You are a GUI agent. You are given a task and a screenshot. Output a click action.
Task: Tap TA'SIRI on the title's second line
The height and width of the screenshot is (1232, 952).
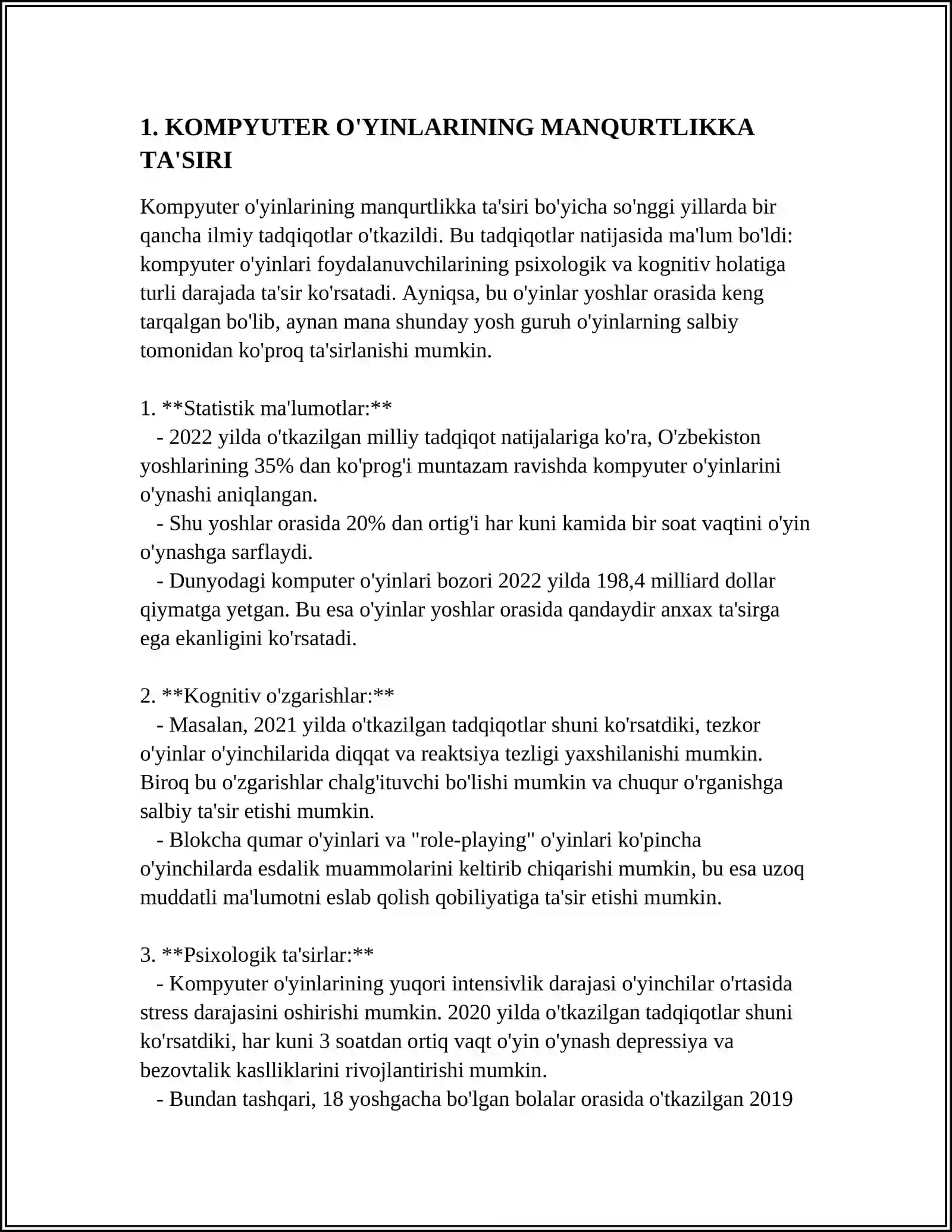[186, 160]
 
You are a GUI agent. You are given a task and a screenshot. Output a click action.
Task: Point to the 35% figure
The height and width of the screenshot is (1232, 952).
[274, 465]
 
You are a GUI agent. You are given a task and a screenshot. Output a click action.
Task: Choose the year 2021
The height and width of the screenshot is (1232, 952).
[275, 725]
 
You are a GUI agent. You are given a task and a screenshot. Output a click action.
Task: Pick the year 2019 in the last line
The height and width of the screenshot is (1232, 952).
[771, 1099]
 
